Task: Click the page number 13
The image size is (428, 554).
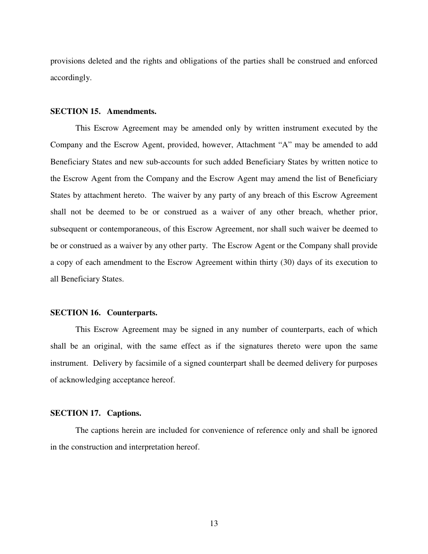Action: (214, 523)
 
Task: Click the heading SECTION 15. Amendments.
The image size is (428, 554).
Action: (103, 111)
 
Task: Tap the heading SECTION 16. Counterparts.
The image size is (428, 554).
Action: (104, 313)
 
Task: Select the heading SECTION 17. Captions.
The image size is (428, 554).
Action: (96, 413)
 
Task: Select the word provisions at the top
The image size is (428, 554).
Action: (66, 61)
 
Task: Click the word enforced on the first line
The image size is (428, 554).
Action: (362, 61)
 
